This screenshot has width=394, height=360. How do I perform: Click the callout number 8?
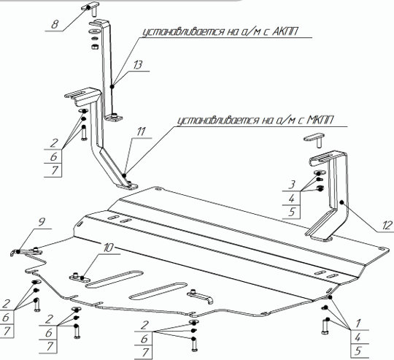point(55,25)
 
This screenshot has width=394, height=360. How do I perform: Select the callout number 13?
point(138,64)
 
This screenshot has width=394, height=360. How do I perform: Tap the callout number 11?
point(142,131)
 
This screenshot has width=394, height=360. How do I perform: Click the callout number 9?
point(42,222)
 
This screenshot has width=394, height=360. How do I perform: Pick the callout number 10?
point(107,248)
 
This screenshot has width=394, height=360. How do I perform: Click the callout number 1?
point(358,323)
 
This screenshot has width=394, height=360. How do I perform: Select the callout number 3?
point(291,185)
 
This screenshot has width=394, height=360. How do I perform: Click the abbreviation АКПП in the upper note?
point(285,31)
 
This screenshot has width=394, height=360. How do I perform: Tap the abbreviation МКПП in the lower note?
point(320,120)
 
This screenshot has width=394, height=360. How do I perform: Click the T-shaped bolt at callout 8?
point(90,9)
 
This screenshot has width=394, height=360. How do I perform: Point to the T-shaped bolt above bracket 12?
point(315,141)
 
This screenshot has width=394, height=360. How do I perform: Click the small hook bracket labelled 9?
point(26,252)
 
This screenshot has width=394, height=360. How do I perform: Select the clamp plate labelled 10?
point(80,277)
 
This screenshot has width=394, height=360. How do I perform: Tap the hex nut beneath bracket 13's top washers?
point(94,47)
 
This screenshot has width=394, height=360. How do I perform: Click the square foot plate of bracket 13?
point(114,117)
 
